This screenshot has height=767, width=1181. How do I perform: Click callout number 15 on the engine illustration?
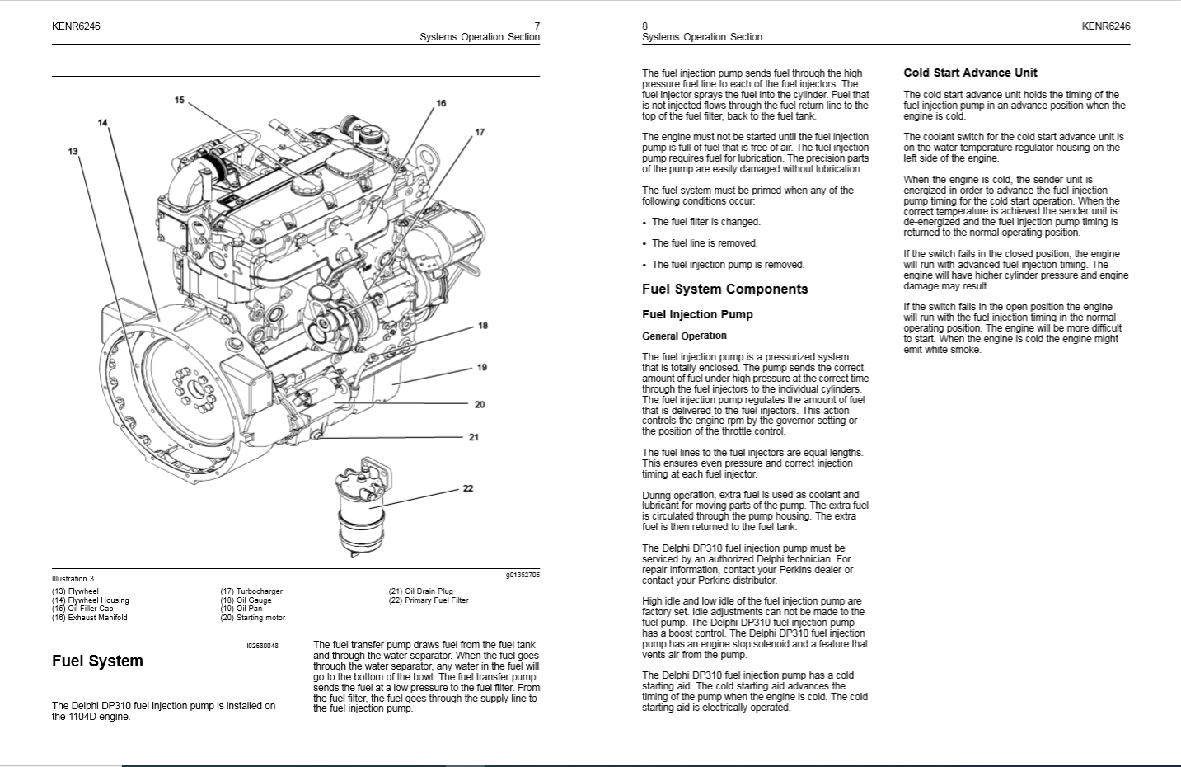(180, 101)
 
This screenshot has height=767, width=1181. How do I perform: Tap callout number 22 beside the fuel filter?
(468, 488)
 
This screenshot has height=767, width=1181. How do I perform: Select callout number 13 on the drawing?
(73, 151)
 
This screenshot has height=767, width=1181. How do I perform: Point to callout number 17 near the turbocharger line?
(480, 132)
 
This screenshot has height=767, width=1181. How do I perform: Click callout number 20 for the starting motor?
(480, 404)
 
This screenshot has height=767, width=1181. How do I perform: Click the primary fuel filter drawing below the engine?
(363, 511)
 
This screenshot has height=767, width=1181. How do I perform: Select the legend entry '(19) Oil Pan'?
(241, 609)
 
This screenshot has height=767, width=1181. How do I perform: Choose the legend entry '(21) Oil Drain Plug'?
(420, 591)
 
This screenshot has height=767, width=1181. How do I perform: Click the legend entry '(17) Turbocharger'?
(251, 591)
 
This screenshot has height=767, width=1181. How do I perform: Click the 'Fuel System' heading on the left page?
(97, 661)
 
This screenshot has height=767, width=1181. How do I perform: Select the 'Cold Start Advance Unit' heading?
(970, 73)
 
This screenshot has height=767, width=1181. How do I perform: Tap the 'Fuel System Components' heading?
(724, 289)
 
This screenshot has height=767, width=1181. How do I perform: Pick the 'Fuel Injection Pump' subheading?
(697, 314)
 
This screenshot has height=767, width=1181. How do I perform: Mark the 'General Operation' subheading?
(684, 336)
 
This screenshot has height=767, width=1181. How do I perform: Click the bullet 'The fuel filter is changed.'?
(705, 222)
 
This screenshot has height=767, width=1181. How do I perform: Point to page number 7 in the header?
(537, 26)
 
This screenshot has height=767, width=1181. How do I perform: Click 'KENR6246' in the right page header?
(1105, 26)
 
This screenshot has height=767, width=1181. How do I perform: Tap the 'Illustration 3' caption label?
(73, 579)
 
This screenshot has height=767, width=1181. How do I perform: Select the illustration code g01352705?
(523, 575)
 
